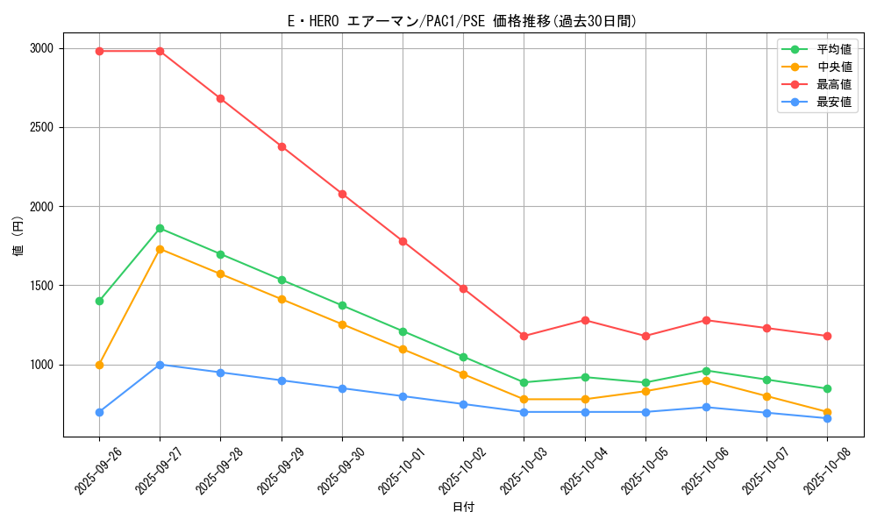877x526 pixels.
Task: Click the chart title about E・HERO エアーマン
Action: coord(462,21)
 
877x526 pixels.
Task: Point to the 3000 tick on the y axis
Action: coord(40,48)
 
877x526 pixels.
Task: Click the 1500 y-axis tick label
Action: coord(40,286)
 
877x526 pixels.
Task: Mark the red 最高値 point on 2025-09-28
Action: coord(220,98)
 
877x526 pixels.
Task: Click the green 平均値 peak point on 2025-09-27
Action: coord(160,229)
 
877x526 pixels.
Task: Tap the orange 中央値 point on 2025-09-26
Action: coord(99,365)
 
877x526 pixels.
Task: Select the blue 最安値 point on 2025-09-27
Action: coord(160,365)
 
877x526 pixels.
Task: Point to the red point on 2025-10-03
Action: coord(524,336)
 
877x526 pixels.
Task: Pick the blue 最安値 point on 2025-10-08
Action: coord(827,418)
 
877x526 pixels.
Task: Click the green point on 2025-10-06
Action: coord(706,371)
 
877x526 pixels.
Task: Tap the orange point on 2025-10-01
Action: coord(403,349)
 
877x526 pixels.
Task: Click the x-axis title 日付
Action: coord(463,508)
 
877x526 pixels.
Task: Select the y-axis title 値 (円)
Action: coord(18,237)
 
